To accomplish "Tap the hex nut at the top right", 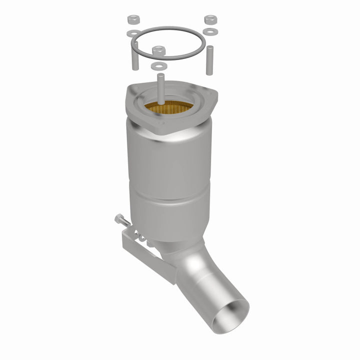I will (x=209, y=20).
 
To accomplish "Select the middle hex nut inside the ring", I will (x=159, y=50).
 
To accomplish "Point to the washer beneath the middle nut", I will (x=159, y=65).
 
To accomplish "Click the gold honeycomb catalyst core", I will (x=170, y=106).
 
